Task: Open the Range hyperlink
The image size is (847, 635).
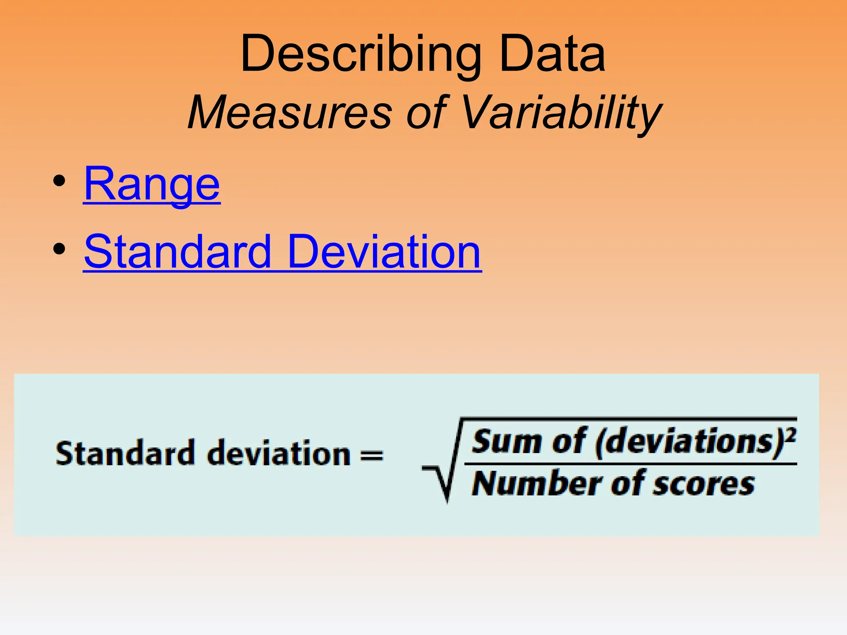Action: (152, 184)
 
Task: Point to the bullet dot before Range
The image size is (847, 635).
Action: (60, 181)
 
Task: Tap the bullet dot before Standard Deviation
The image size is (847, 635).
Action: (60, 249)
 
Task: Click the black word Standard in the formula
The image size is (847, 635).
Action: (124, 454)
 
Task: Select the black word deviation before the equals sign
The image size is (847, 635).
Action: (279, 454)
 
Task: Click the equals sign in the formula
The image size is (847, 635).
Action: (372, 455)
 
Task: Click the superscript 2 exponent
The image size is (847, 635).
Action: (791, 435)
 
